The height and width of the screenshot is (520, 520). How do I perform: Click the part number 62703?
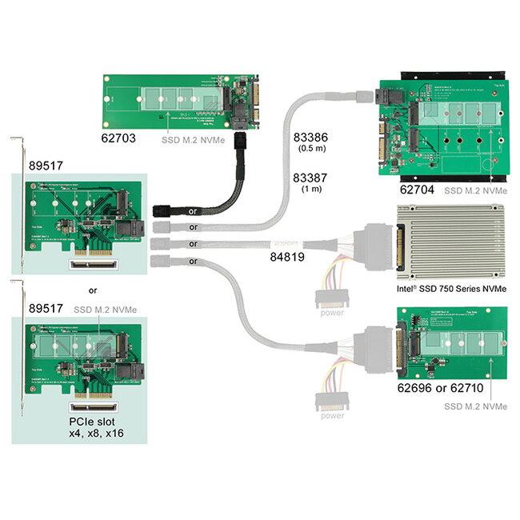coord(122,137)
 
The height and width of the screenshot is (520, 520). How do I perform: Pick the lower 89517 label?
coord(46,308)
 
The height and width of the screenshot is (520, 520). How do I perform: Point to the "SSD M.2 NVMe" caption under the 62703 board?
coord(191,137)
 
